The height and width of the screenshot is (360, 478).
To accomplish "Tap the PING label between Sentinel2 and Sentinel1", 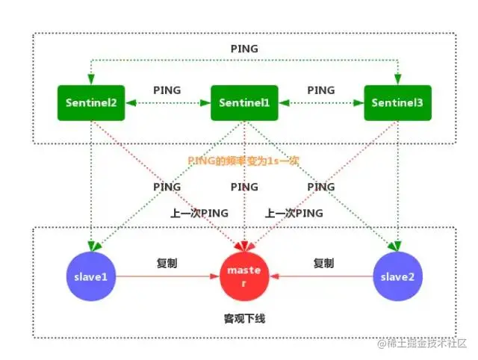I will (167, 90).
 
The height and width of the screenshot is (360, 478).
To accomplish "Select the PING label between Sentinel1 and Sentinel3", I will (321, 90).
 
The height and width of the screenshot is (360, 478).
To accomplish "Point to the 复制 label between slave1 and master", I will (167, 264).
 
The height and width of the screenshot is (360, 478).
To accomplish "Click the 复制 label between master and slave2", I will (323, 264).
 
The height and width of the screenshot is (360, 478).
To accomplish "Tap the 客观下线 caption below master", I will (244, 319).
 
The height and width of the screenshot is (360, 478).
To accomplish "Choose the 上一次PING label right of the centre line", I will (294, 213).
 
